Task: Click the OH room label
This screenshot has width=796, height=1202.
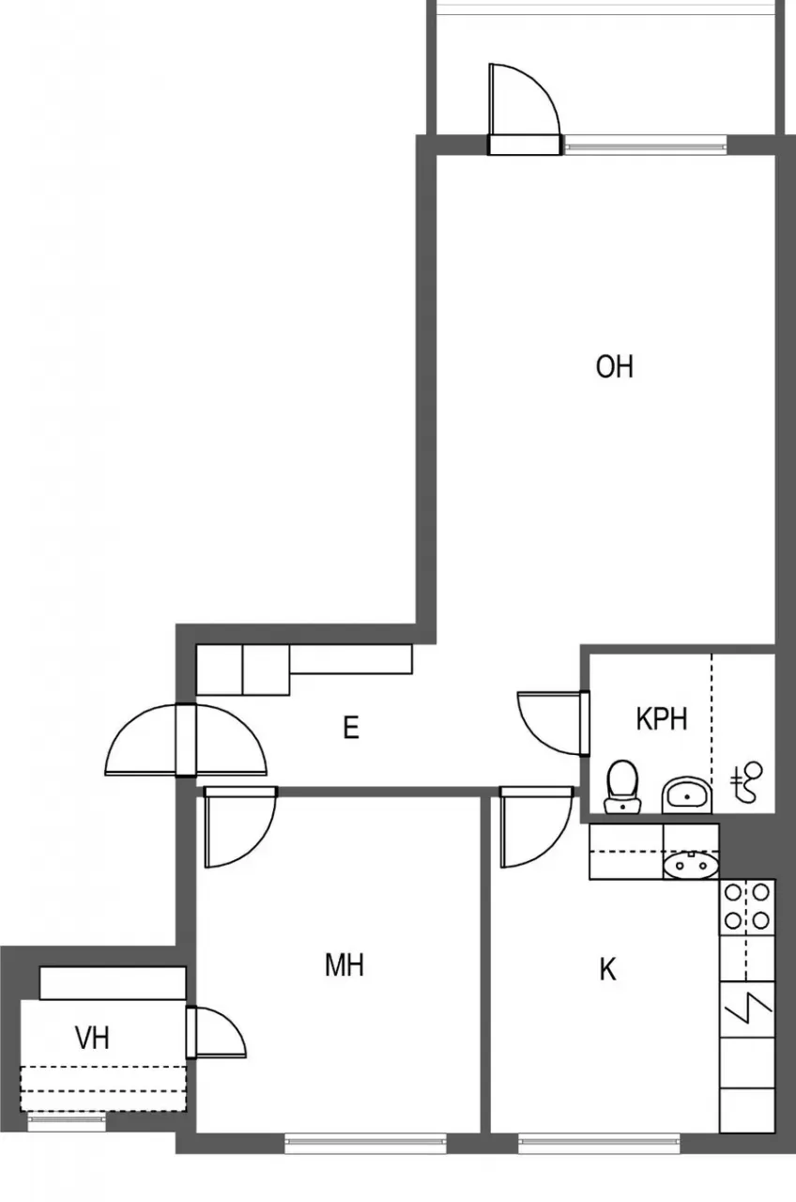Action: coord(615,366)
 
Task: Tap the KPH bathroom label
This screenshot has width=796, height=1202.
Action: coord(662,719)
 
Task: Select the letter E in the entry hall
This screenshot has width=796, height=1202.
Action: coord(351,728)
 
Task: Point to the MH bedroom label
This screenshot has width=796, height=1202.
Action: coord(344,964)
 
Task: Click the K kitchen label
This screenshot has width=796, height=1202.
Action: coord(608,969)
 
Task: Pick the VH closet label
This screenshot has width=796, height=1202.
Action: coord(92,1038)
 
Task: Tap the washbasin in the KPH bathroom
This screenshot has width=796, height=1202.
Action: coord(687,796)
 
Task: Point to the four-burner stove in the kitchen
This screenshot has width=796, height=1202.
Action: coord(747,905)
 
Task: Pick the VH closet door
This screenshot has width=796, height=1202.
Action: coord(216,1032)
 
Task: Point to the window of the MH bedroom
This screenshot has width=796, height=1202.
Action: coord(365,1143)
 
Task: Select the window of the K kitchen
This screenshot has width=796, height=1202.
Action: coord(599,1143)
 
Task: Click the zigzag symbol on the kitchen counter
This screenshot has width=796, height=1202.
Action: coord(747,1009)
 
